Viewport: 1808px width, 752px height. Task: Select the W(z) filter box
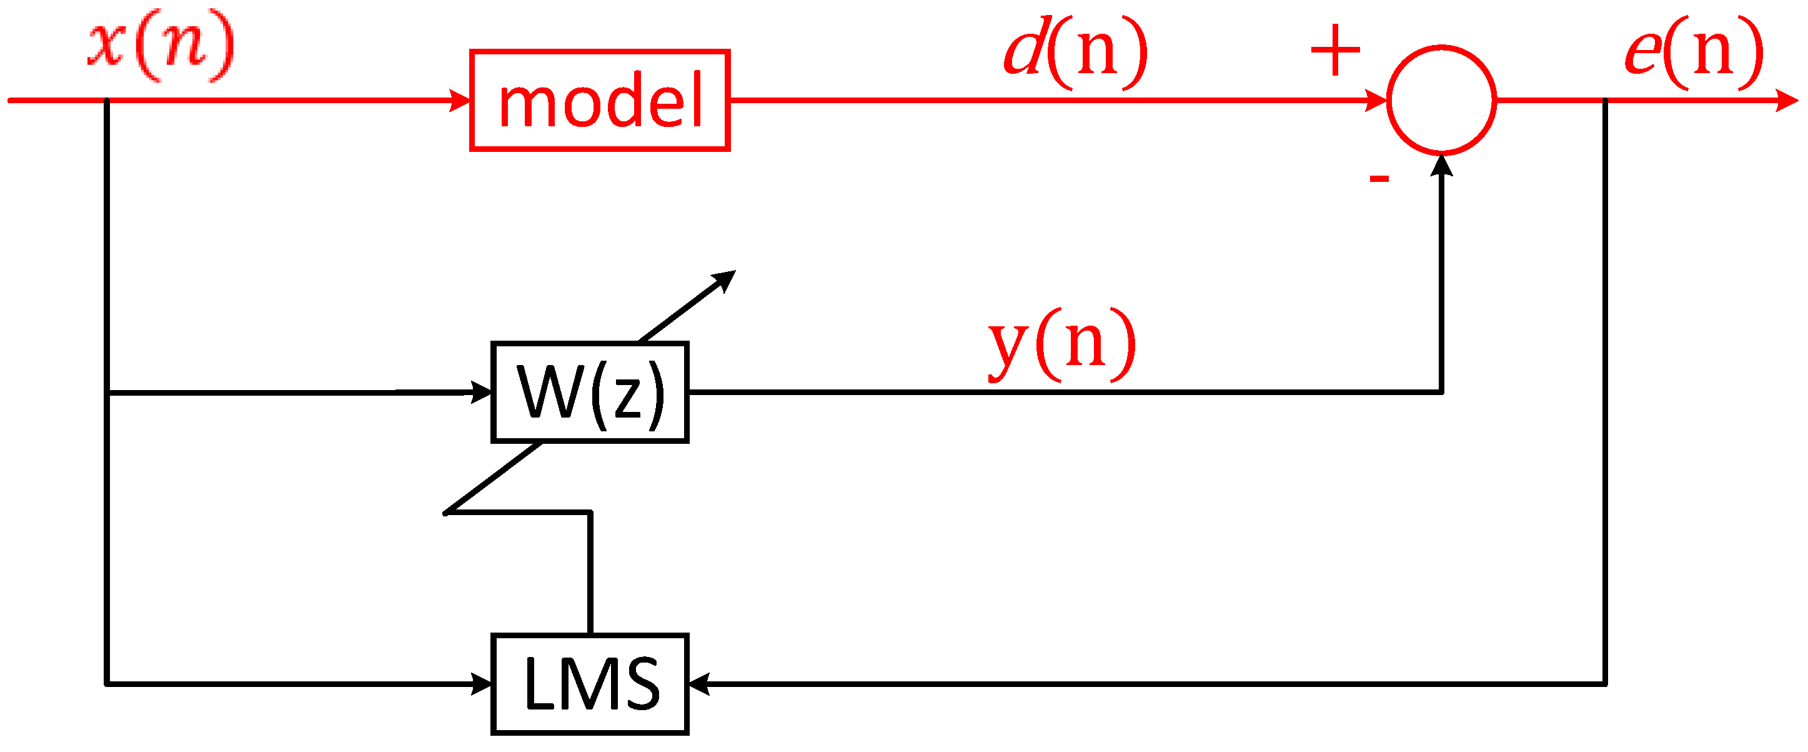(x=590, y=392)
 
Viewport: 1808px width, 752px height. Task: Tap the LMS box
(x=590, y=684)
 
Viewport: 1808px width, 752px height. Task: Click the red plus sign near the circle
(x=1335, y=51)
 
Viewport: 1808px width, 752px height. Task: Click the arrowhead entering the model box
(x=460, y=101)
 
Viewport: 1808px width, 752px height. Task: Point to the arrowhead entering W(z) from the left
(x=482, y=392)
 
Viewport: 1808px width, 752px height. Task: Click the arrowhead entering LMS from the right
(x=699, y=683)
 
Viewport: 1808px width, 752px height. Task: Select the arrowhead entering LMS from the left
(x=482, y=683)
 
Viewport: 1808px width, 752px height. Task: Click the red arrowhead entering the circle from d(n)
(x=1376, y=101)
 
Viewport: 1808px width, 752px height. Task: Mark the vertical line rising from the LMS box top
(x=590, y=572)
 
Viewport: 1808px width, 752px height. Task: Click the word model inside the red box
(x=600, y=103)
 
